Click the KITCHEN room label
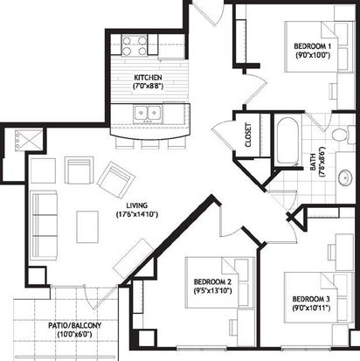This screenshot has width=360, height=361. (148, 78)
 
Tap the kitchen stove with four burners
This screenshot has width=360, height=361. (134, 45)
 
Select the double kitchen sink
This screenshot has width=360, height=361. (148, 112)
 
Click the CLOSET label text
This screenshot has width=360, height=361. (248, 135)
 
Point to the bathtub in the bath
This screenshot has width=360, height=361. (287, 141)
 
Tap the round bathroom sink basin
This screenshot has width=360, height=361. (346, 177)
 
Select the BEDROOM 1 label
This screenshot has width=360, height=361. (313, 46)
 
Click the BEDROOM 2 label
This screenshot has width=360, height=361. (212, 281)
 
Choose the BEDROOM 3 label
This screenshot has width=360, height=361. (311, 299)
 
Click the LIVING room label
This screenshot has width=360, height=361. (137, 205)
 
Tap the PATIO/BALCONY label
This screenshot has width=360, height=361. (75, 325)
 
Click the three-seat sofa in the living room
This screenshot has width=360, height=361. (44, 225)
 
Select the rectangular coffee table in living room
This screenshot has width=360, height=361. (87, 227)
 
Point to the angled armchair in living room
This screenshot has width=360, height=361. (116, 180)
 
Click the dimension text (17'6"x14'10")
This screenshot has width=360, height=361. (137, 215)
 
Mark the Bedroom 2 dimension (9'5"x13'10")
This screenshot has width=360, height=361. (212, 290)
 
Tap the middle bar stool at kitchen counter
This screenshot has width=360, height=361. (150, 143)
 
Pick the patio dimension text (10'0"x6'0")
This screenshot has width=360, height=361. (75, 334)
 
